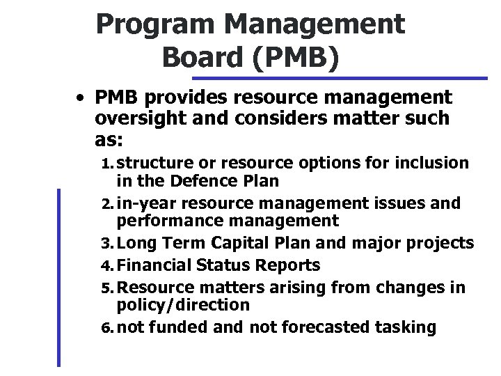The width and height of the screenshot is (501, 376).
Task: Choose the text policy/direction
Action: click(x=183, y=305)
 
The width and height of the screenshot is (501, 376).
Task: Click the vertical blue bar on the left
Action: click(x=59, y=279)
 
